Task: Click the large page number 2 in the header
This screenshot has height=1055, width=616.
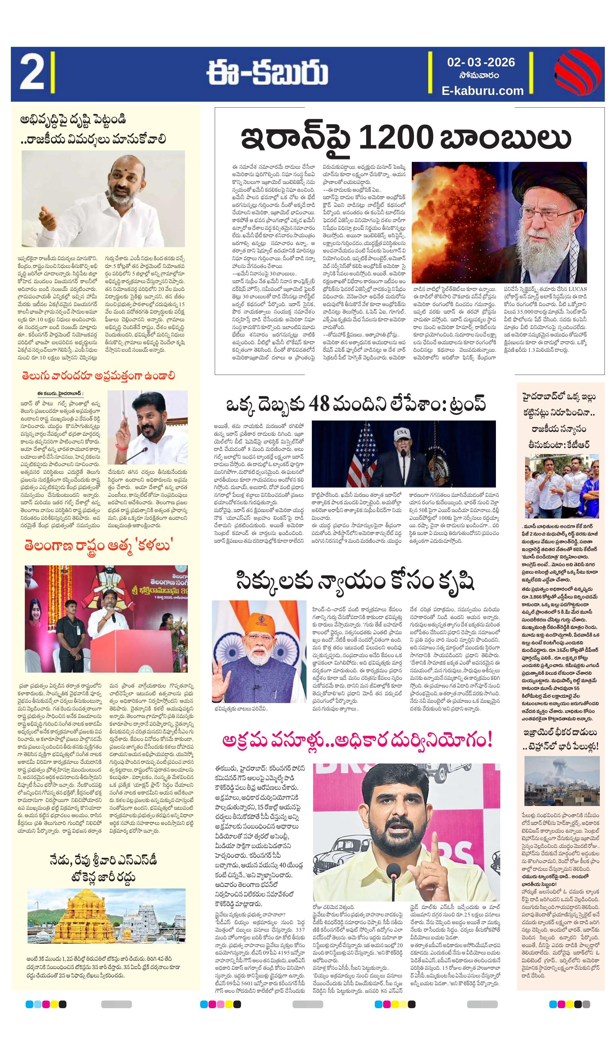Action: (31, 74)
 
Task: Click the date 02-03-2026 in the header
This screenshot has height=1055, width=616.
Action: (481, 62)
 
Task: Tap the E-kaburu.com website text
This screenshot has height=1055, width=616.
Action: (482, 91)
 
